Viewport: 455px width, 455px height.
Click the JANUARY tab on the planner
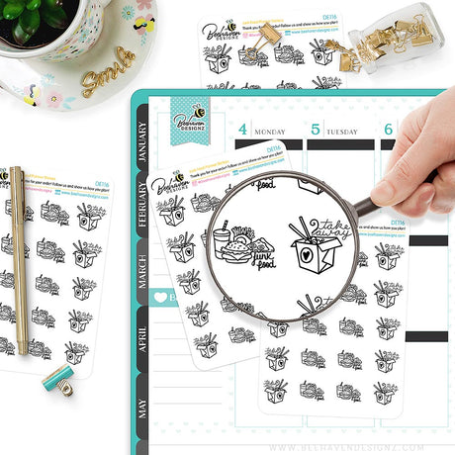[x=142, y=138]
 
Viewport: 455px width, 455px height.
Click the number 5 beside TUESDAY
[x=316, y=129]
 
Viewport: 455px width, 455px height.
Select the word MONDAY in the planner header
[x=270, y=130]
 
